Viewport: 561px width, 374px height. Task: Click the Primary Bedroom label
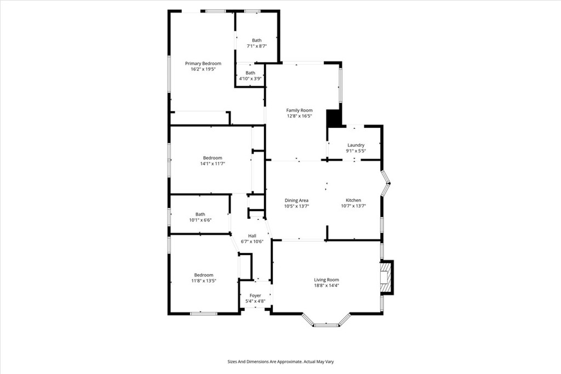pyautogui.click(x=203, y=64)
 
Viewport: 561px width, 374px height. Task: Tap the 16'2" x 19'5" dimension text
pyautogui.click(x=203, y=70)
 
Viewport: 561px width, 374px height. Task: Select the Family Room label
pyautogui.click(x=299, y=110)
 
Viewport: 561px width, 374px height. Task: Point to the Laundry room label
pyautogui.click(x=356, y=145)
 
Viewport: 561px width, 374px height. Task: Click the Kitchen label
pyautogui.click(x=353, y=200)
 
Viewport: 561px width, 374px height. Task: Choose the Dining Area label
pyautogui.click(x=296, y=200)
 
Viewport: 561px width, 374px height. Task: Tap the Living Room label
pyautogui.click(x=327, y=280)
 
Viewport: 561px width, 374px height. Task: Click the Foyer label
pyautogui.click(x=255, y=296)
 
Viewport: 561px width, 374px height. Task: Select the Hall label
pyautogui.click(x=252, y=236)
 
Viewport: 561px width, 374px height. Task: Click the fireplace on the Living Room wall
pyautogui.click(x=386, y=277)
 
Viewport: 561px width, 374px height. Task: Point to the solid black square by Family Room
pyautogui.click(x=334, y=118)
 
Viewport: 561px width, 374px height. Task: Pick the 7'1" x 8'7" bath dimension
pyautogui.click(x=257, y=46)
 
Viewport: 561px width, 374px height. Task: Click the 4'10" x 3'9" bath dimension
pyautogui.click(x=250, y=79)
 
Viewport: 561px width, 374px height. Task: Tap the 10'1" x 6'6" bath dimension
pyautogui.click(x=200, y=220)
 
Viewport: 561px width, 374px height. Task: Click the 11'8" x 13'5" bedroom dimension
pyautogui.click(x=203, y=281)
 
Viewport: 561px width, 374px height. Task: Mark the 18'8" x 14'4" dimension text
pyautogui.click(x=327, y=285)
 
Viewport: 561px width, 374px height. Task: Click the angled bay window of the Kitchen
pyautogui.click(x=386, y=184)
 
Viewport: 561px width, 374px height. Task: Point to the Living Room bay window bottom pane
pyautogui.click(x=326, y=325)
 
